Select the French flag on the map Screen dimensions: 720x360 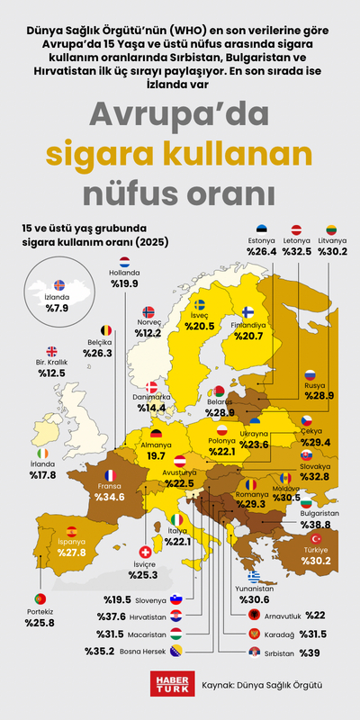point(110,474)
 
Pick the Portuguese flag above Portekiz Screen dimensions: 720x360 point(40,598)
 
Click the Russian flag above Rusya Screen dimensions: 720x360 point(309,374)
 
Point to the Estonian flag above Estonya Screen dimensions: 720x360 point(261,230)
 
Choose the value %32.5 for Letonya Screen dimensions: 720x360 point(297,253)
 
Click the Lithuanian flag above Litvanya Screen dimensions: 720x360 point(331,230)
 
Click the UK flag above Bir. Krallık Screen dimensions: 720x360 point(51,352)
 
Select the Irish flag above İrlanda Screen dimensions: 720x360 point(43,453)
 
